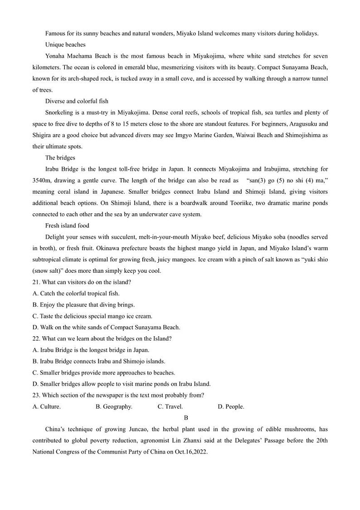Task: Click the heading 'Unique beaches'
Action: (65, 44)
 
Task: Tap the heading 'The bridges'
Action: (60, 158)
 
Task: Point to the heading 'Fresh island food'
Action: (67, 226)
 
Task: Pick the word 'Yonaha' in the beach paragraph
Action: (55, 56)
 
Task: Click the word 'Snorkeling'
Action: (60, 113)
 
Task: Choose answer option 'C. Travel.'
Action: (170, 407)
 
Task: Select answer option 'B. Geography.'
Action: (114, 407)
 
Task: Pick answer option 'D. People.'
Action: (231, 407)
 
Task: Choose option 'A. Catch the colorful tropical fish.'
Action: (76, 294)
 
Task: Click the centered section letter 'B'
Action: (186, 418)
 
